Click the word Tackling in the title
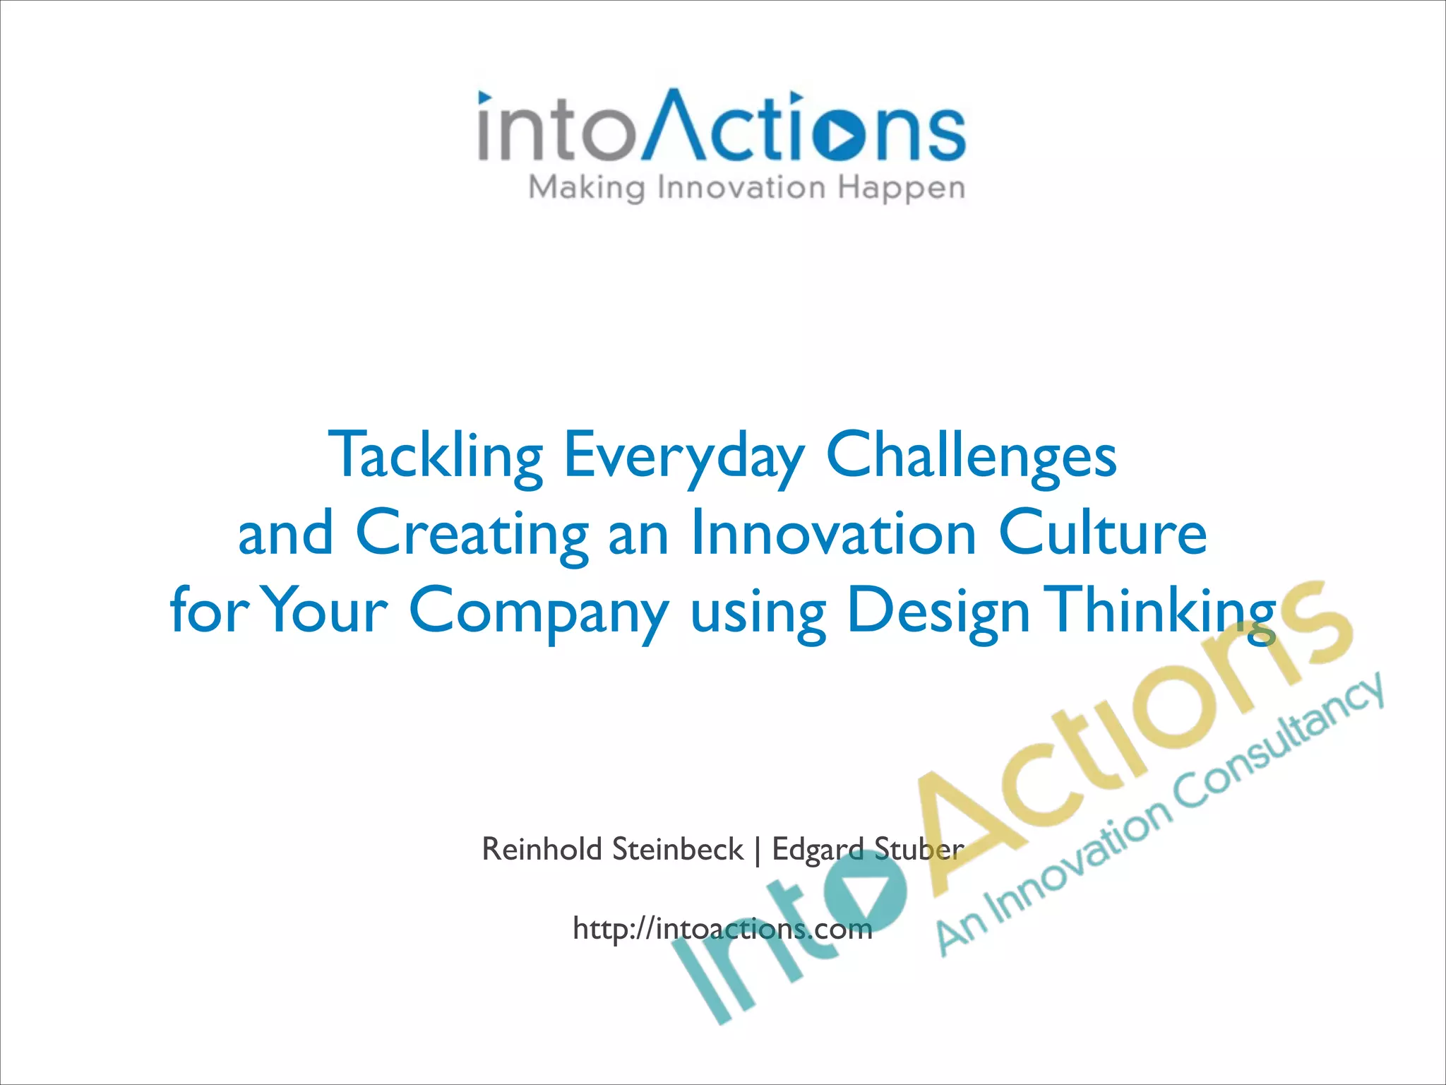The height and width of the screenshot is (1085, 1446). [x=435, y=456]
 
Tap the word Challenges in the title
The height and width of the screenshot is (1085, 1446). [x=971, y=456]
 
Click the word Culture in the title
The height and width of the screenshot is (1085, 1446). [x=1102, y=533]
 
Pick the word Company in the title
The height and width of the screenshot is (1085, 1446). [x=538, y=611]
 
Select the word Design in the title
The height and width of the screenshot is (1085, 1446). [x=938, y=611]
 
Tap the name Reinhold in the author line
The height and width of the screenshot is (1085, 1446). [x=542, y=848]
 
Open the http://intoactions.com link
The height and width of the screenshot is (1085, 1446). [x=722, y=928]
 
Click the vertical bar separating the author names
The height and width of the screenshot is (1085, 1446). [x=758, y=850]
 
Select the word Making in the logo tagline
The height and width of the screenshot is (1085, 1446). [x=587, y=189]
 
